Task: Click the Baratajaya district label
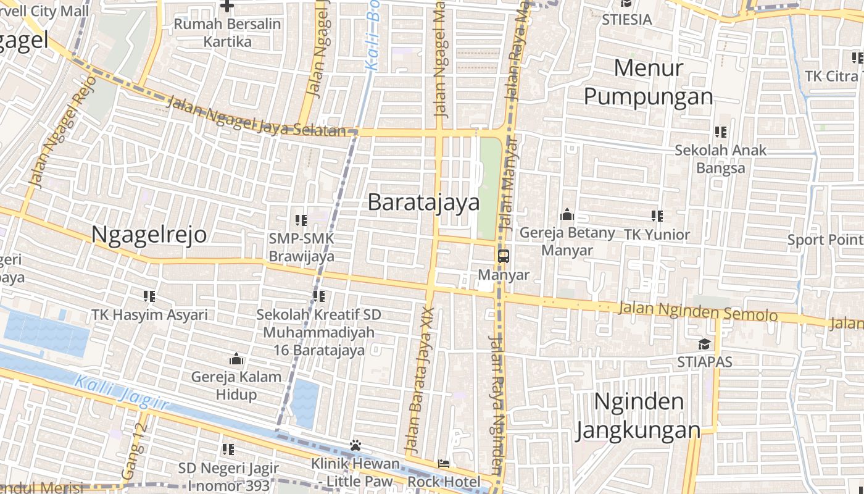pos(423,203)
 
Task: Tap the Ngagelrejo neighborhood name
pos(149,235)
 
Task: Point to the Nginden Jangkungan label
pos(638,416)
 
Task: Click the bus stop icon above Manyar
pos(504,256)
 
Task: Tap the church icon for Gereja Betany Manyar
pos(567,216)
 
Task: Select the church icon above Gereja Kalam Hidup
pos(236,359)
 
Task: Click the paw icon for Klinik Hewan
pos(355,445)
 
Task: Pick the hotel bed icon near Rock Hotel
pos(444,464)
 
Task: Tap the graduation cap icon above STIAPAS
pos(704,344)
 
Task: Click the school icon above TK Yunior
pos(657,216)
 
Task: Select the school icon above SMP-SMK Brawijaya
pos(301,220)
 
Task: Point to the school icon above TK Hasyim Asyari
pos(149,296)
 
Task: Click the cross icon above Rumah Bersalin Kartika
pos(227,6)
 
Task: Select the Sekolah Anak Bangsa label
pos(720,159)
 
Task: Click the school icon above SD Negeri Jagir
pos(228,449)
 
